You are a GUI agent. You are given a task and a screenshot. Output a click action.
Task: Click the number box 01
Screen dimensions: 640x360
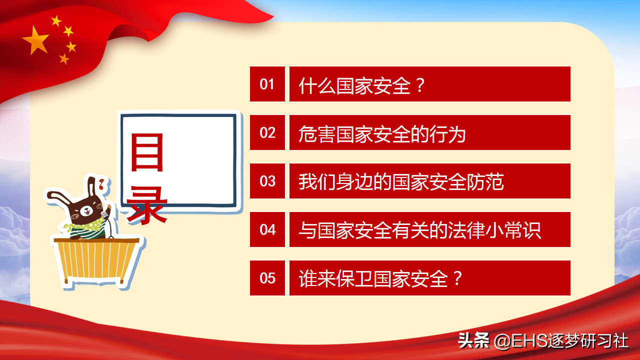(267, 84)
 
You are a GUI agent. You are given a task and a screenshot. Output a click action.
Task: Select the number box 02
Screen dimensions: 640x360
(267, 132)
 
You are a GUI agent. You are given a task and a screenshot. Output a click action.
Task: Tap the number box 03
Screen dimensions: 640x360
(267, 181)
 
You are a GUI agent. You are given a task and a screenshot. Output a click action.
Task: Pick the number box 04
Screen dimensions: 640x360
(267, 229)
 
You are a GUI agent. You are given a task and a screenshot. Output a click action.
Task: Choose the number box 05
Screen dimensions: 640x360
(267, 278)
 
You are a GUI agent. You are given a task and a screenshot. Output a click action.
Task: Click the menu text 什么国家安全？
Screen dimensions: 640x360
(362, 85)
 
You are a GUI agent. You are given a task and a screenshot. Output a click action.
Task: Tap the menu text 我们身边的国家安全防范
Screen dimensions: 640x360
(401, 182)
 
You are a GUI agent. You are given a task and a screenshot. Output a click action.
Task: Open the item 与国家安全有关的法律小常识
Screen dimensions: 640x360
(419, 230)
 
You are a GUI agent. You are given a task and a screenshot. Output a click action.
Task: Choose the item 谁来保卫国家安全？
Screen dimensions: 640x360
(380, 278)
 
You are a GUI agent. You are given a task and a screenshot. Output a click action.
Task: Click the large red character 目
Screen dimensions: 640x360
(147, 152)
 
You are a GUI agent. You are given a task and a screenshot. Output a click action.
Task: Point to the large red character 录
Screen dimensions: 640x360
(146, 205)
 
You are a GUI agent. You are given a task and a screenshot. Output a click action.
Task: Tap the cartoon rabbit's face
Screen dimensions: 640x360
(86, 211)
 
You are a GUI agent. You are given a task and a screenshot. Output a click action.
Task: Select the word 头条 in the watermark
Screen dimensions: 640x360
(473, 340)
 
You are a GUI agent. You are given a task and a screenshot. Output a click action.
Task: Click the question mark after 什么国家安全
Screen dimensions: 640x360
(420, 85)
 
